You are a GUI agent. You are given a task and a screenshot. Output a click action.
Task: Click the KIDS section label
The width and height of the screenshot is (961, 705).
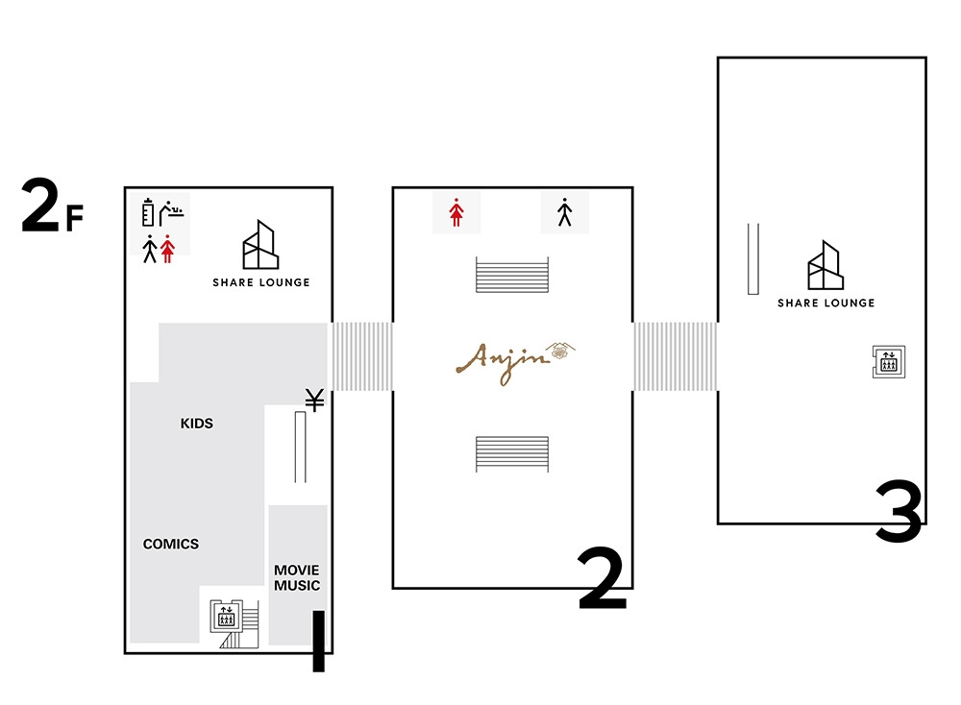[x=196, y=424]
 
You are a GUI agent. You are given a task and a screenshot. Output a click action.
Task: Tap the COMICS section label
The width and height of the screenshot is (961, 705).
[x=171, y=544]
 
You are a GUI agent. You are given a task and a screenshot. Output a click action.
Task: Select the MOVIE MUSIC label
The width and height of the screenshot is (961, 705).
[x=297, y=577]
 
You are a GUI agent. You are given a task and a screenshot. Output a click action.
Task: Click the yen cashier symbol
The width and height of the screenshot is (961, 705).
[x=315, y=400]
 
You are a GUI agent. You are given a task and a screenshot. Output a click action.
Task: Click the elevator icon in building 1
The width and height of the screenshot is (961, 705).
[x=226, y=616]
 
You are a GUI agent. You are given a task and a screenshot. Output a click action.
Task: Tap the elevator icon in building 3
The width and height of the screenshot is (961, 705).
[x=889, y=362]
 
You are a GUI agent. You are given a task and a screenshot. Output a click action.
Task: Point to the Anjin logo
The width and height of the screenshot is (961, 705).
[x=515, y=363]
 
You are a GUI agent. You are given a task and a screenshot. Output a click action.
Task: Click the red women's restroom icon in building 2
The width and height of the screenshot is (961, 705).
[x=456, y=212]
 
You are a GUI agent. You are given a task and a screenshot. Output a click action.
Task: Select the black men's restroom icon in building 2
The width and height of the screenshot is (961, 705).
[x=564, y=212]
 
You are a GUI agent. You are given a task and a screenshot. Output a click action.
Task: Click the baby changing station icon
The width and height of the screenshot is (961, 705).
[x=172, y=212]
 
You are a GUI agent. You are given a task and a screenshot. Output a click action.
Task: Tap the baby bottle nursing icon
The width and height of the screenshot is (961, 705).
[x=148, y=212]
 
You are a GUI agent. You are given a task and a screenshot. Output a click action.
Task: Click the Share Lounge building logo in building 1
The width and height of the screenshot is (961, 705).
[x=260, y=244]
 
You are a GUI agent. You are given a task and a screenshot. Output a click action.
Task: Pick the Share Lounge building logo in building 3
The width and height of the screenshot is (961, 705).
[x=825, y=264]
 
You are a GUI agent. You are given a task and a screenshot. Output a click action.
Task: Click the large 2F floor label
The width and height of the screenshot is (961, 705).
[x=52, y=206]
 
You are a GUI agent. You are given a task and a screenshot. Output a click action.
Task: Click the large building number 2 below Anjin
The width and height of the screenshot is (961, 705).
[x=602, y=578]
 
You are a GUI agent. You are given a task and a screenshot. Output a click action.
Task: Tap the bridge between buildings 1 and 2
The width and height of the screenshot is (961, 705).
[x=362, y=356]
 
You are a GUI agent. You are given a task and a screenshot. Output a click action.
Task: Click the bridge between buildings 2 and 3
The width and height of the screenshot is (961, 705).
[x=675, y=356]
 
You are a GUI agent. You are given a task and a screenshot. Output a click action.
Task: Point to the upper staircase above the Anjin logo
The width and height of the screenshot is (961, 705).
[x=512, y=275]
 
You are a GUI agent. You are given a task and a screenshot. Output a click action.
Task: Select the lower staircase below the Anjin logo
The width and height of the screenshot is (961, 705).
[x=512, y=454]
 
